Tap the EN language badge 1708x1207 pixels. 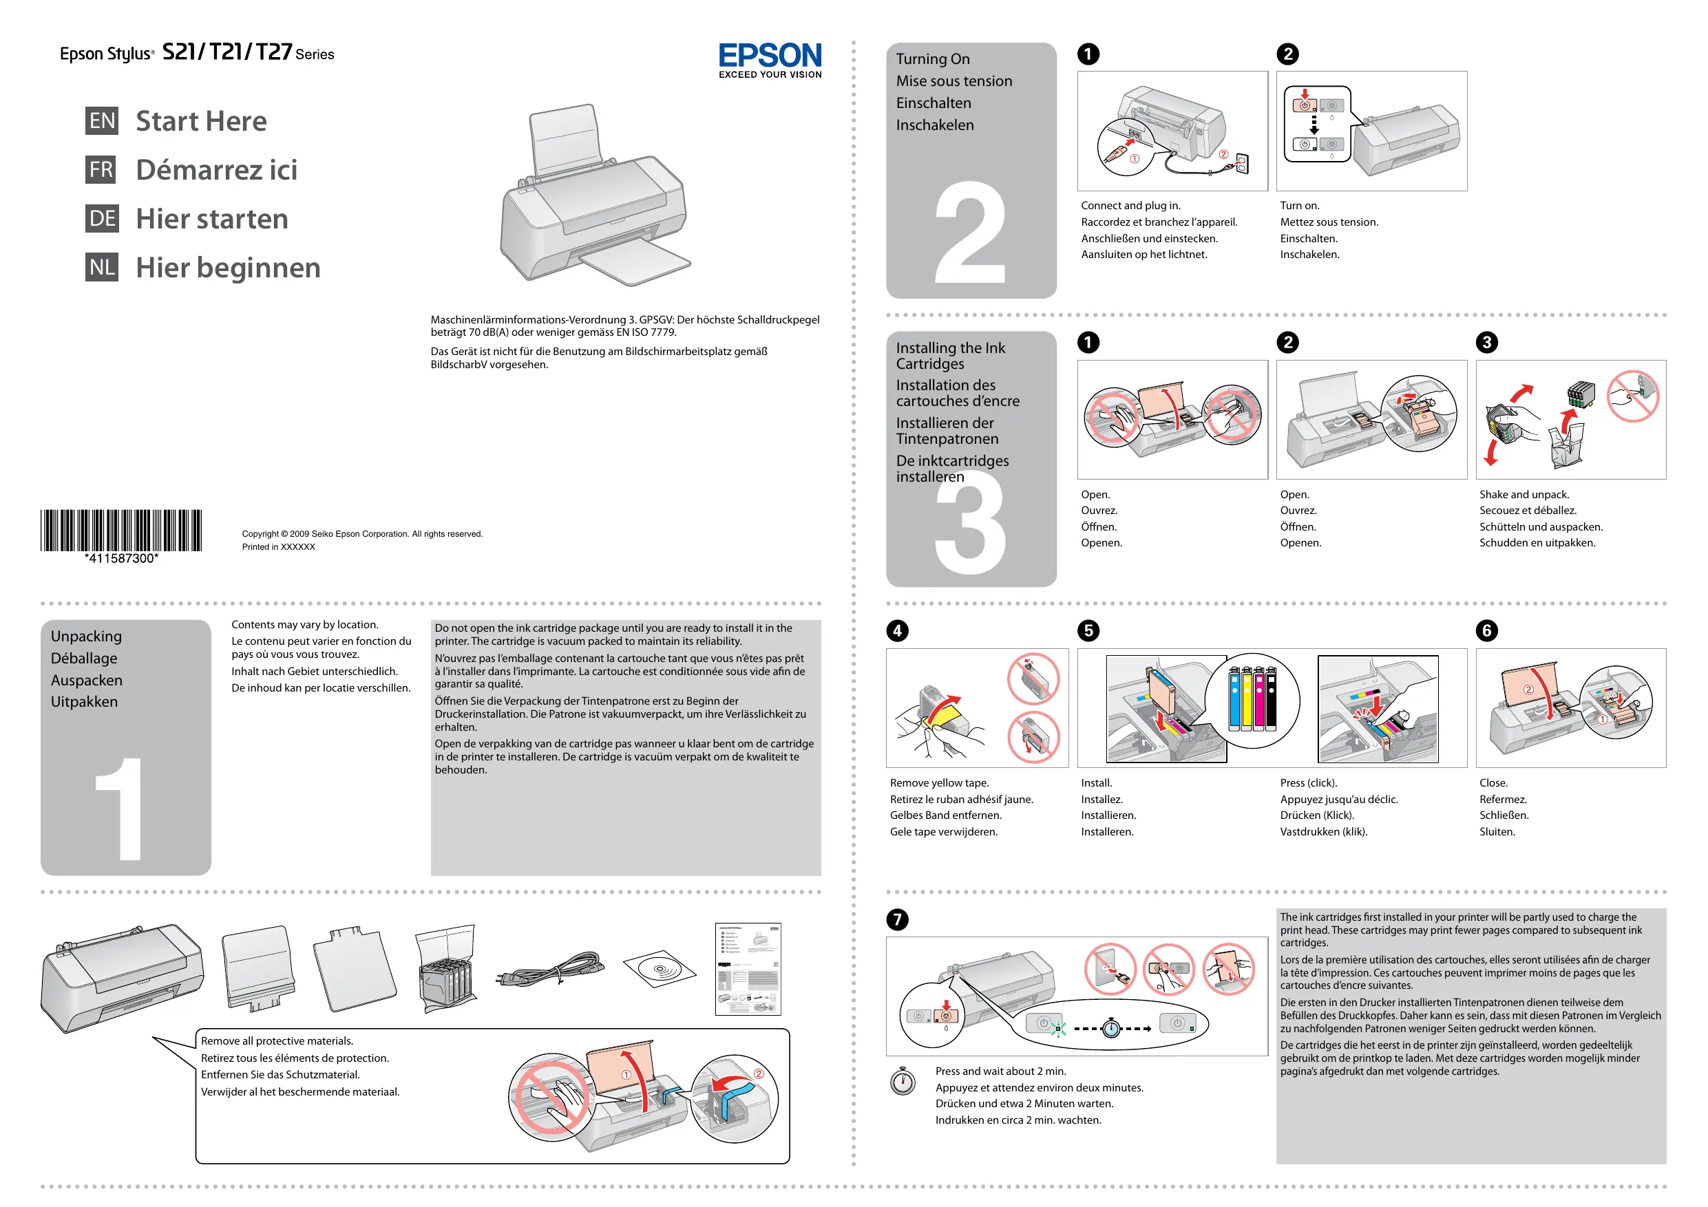pos(102,120)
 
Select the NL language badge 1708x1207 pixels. pos(102,267)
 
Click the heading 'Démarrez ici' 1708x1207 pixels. pos(216,169)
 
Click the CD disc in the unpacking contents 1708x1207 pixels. pos(659,968)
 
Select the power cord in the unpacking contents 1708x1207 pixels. pos(550,970)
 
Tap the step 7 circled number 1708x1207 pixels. pos(897,919)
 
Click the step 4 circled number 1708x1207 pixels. pos(897,630)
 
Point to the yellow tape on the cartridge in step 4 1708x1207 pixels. pos(942,716)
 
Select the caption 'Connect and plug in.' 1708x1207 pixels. pos(1130,205)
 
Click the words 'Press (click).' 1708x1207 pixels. pos(1308,782)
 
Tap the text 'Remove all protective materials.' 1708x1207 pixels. pos(277,1040)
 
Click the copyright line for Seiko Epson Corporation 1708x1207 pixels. pos(361,534)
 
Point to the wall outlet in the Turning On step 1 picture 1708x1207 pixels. pos(1241,164)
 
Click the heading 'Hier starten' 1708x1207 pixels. pos(212,219)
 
